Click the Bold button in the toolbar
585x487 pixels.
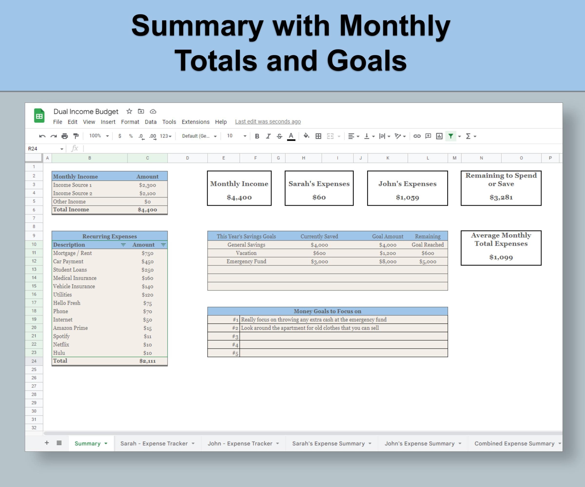257,136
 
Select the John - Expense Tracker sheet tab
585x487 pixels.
240,443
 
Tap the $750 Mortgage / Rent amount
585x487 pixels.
147,253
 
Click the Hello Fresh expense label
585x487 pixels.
67,303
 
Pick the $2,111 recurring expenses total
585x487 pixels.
147,361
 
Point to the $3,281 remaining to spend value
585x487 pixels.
501,197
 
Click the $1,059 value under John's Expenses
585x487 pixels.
407,197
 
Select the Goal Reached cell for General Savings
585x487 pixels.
428,245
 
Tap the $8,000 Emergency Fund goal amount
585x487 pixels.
388,261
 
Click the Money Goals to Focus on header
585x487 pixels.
327,311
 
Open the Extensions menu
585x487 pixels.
195,122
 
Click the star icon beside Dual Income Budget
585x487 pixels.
129,111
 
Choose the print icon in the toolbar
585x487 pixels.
65,136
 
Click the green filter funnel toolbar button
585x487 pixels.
450,136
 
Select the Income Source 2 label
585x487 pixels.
72,193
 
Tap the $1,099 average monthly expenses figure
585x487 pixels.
501,257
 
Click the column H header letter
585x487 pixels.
303,158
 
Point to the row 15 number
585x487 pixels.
34,286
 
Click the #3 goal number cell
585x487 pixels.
235,337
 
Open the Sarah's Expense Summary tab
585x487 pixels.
328,443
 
